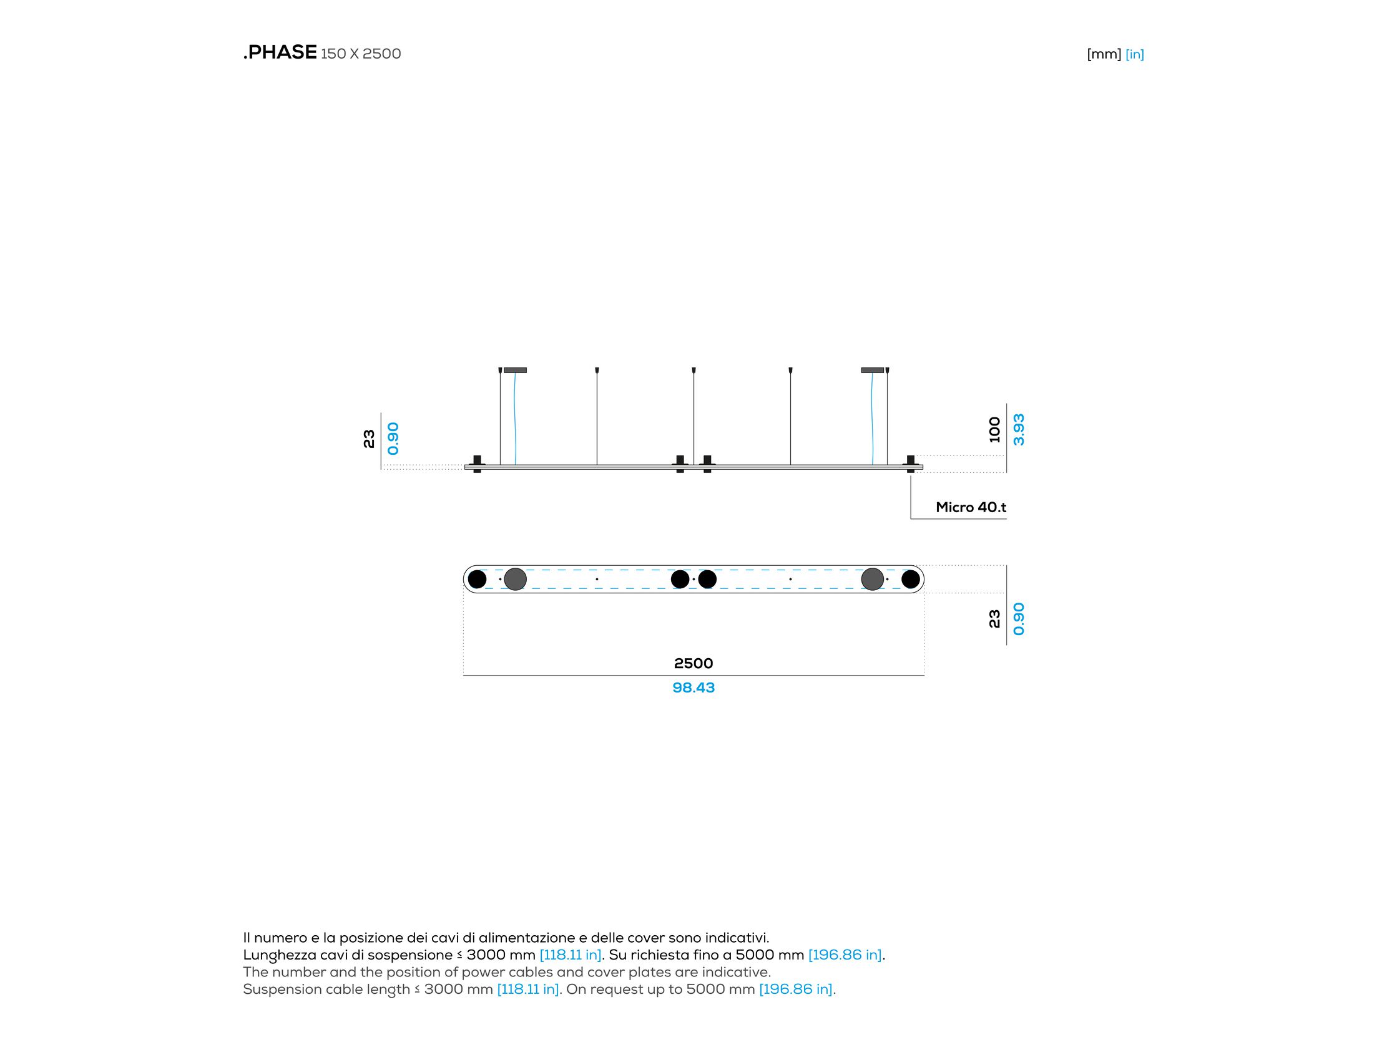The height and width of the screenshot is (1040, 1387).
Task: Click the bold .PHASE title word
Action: click(280, 52)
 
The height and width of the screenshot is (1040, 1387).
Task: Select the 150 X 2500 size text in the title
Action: click(361, 54)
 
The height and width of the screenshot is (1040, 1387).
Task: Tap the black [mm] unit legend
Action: click(1104, 54)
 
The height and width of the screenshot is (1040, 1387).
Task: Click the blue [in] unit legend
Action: click(1134, 54)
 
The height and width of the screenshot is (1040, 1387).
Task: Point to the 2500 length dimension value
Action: click(693, 663)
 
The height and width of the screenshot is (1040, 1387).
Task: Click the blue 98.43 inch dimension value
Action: click(693, 688)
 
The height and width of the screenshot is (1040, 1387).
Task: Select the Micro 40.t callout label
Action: click(971, 507)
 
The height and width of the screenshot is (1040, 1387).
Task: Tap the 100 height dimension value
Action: click(994, 429)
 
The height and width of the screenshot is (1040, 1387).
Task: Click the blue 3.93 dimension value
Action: click(1019, 429)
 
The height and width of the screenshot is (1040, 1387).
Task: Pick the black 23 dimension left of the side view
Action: click(369, 439)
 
